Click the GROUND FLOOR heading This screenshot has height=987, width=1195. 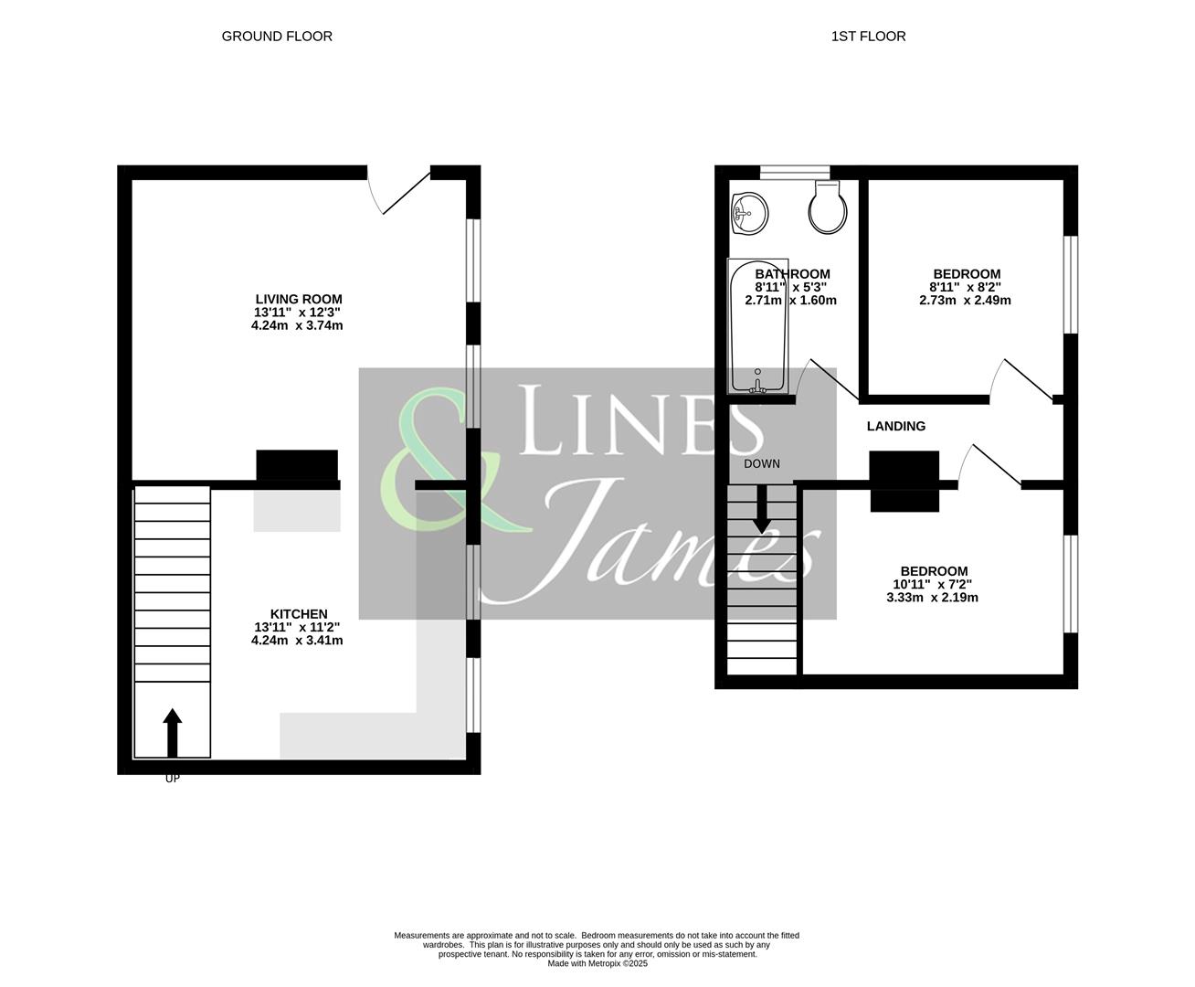pyautogui.click(x=277, y=37)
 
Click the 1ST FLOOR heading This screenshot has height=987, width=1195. pyautogui.click(x=868, y=37)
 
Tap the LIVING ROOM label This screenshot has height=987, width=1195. pyautogui.click(x=298, y=299)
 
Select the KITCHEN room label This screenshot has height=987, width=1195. pyautogui.click(x=298, y=614)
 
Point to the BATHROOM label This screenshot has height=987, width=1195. pyautogui.click(x=792, y=274)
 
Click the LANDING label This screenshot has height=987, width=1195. pyautogui.click(x=895, y=426)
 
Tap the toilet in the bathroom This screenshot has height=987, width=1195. pyautogui.click(x=825, y=207)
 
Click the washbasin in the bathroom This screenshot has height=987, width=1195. pyautogui.click(x=750, y=214)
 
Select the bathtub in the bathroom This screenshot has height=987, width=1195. pyautogui.click(x=757, y=326)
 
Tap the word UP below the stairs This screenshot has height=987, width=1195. pyautogui.click(x=172, y=780)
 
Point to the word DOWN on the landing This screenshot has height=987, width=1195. pyautogui.click(x=761, y=463)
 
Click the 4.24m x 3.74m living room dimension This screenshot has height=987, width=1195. pyautogui.click(x=297, y=325)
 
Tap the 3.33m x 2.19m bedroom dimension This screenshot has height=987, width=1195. pyautogui.click(x=932, y=598)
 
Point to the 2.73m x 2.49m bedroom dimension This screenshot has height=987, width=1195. pyautogui.click(x=966, y=300)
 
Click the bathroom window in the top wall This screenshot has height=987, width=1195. pyautogui.click(x=794, y=172)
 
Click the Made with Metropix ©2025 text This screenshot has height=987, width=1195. pyautogui.click(x=597, y=963)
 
